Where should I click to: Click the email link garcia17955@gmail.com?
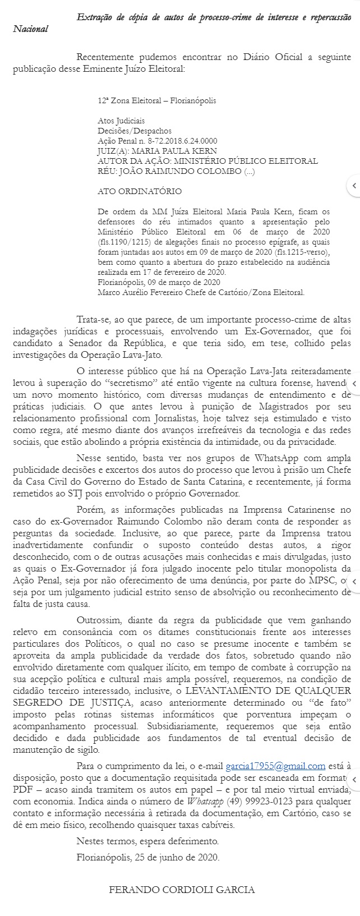pyautogui.click(x=275, y=766)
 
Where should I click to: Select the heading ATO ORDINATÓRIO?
pyautogui.click(x=140, y=191)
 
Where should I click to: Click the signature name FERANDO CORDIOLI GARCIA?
pyautogui.click(x=182, y=890)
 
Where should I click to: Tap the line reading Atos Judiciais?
pyautogui.click(x=121, y=121)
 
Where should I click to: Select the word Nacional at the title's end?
pyautogui.click(x=31, y=29)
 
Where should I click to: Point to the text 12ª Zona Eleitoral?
pyautogui.click(x=126, y=100)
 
